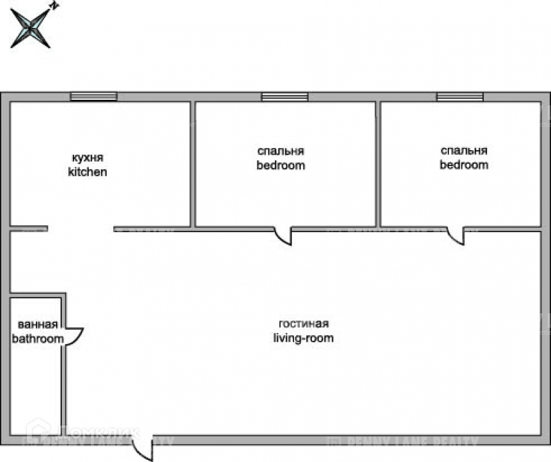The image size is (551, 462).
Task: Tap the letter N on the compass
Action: [54, 6]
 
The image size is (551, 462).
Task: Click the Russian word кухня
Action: [87, 157]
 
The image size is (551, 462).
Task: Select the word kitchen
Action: [87, 171]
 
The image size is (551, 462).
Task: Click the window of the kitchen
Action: [94, 97]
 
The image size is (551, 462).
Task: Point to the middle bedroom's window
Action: [284, 97]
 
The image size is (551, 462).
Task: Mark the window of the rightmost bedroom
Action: [460, 97]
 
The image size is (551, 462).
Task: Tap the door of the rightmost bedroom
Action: [456, 237]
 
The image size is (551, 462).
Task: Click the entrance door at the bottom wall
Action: [143, 450]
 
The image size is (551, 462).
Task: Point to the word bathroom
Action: [37, 339]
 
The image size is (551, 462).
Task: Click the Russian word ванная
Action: [37, 325]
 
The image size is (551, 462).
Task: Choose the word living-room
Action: [304, 338]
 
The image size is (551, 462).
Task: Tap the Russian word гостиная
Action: [304, 324]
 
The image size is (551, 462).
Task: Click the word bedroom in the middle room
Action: [281, 165]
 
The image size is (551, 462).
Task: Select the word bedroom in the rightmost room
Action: [464, 165]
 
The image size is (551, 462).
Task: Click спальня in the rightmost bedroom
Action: [464, 151]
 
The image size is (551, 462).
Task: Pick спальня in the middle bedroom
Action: [281, 151]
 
